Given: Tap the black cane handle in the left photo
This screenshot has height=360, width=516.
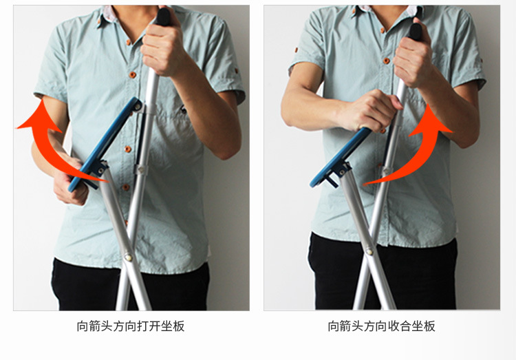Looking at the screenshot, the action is [x=164, y=17].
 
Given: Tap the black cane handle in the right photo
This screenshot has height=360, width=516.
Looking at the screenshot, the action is [x=416, y=30].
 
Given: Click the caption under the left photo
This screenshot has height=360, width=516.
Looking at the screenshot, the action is [x=131, y=326].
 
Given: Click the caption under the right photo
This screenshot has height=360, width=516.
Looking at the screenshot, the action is [x=381, y=326].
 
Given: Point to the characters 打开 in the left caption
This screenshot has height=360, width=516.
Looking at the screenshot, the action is [x=149, y=326].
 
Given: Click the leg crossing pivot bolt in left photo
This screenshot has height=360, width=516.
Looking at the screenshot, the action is [x=129, y=257].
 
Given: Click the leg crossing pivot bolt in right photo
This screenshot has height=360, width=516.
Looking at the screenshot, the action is [x=370, y=251].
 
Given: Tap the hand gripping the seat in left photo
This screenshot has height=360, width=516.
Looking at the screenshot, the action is [x=71, y=180].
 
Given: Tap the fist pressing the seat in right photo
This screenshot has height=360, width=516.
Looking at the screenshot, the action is [x=372, y=111].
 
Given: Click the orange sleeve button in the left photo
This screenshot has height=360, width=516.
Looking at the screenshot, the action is [x=236, y=71].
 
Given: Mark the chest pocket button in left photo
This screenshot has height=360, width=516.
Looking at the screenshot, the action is [x=183, y=110].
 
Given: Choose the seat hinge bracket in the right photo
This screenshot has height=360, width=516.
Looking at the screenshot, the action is [x=341, y=171].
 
